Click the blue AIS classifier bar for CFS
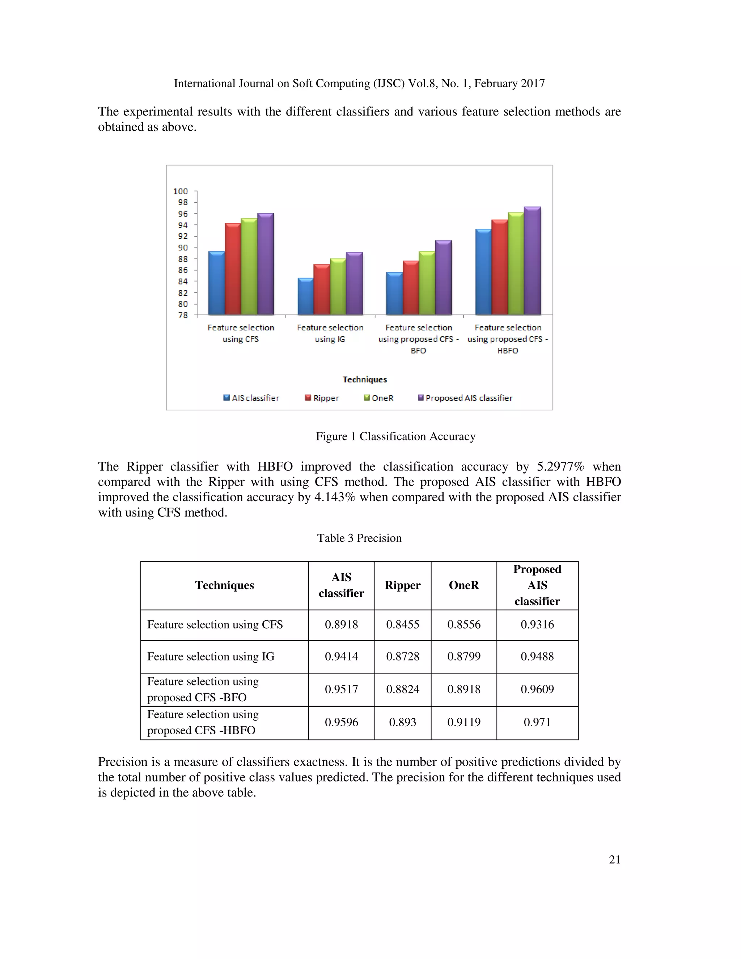coord(216,283)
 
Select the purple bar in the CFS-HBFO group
coord(532,261)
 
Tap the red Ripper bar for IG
coord(321,290)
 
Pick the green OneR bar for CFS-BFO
coord(427,283)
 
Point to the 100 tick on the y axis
coord(181,191)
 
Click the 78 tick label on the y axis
coord(183,315)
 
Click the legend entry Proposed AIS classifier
coord(465,398)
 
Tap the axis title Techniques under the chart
coord(364,379)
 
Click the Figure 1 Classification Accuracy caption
coord(395,436)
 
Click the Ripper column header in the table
coord(403,585)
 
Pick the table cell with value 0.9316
coord(537,624)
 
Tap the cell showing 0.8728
coord(403,656)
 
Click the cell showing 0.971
coord(537,722)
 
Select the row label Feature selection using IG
coord(211,656)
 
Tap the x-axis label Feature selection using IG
coord(330,333)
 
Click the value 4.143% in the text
coord(335,497)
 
